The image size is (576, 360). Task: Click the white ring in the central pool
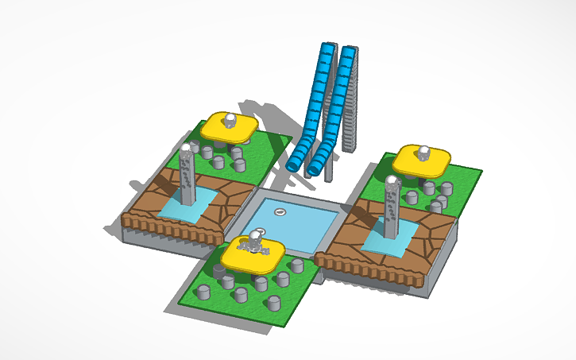[280, 211]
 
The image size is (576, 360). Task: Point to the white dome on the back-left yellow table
[230, 120]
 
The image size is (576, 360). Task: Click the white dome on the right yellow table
[425, 150]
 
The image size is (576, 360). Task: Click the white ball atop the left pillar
[186, 147]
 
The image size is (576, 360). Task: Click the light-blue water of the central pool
[294, 226]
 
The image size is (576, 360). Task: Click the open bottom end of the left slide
[293, 164]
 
